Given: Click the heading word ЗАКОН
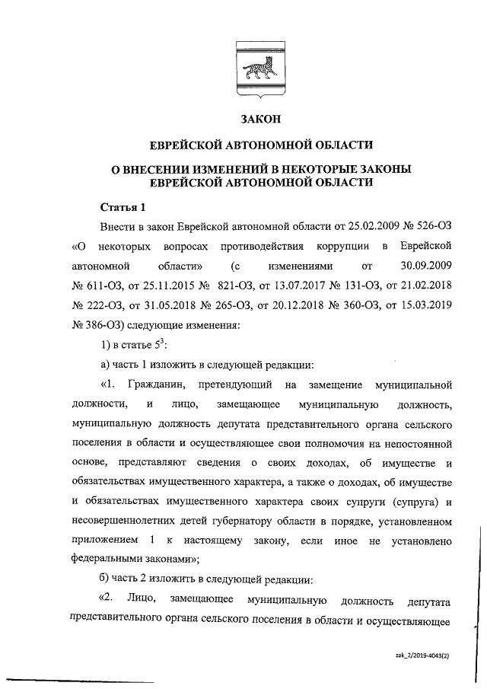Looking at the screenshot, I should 261,120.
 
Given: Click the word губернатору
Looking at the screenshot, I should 248,522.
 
